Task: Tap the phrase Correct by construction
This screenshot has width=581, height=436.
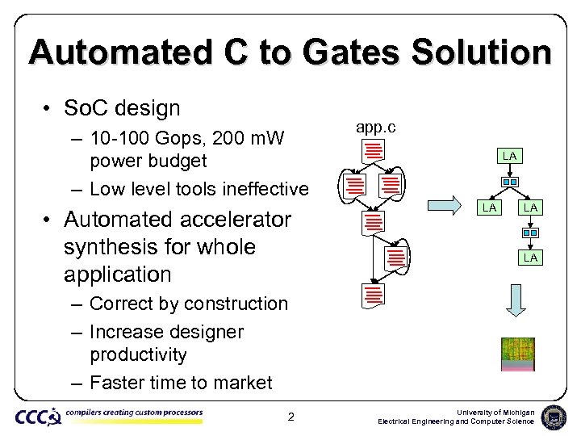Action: click(x=189, y=304)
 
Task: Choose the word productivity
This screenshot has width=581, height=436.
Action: click(x=138, y=355)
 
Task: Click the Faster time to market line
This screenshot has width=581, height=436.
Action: click(x=181, y=383)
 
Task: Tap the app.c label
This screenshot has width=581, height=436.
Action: click(x=375, y=127)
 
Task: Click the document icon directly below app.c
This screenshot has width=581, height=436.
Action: click(x=373, y=151)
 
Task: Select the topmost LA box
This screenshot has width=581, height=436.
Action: click(x=509, y=155)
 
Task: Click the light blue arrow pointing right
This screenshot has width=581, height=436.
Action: click(x=443, y=206)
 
